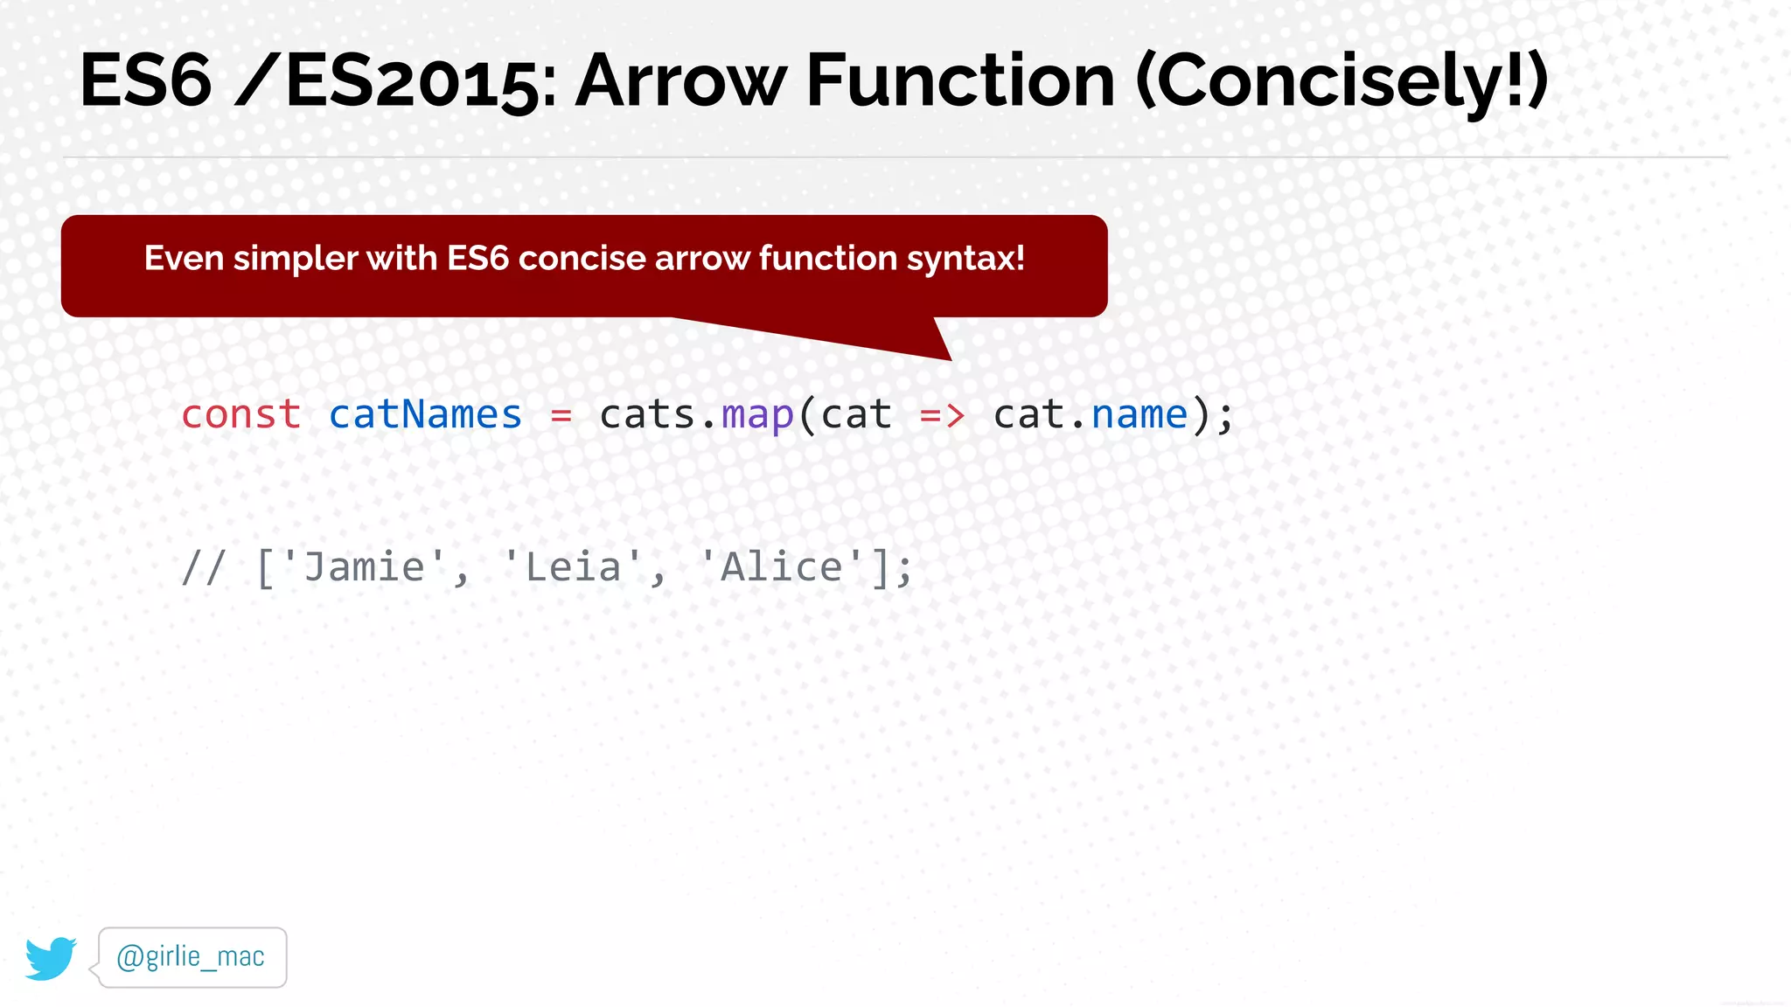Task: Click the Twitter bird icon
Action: point(51,958)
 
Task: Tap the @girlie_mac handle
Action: point(191,957)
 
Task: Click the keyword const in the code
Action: point(240,414)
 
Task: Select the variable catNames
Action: point(425,414)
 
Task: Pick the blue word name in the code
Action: point(1139,414)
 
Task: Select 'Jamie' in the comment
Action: point(364,567)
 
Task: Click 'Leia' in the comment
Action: point(573,567)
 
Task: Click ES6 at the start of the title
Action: point(146,80)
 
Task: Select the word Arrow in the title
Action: point(680,80)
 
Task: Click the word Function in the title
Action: point(959,80)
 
